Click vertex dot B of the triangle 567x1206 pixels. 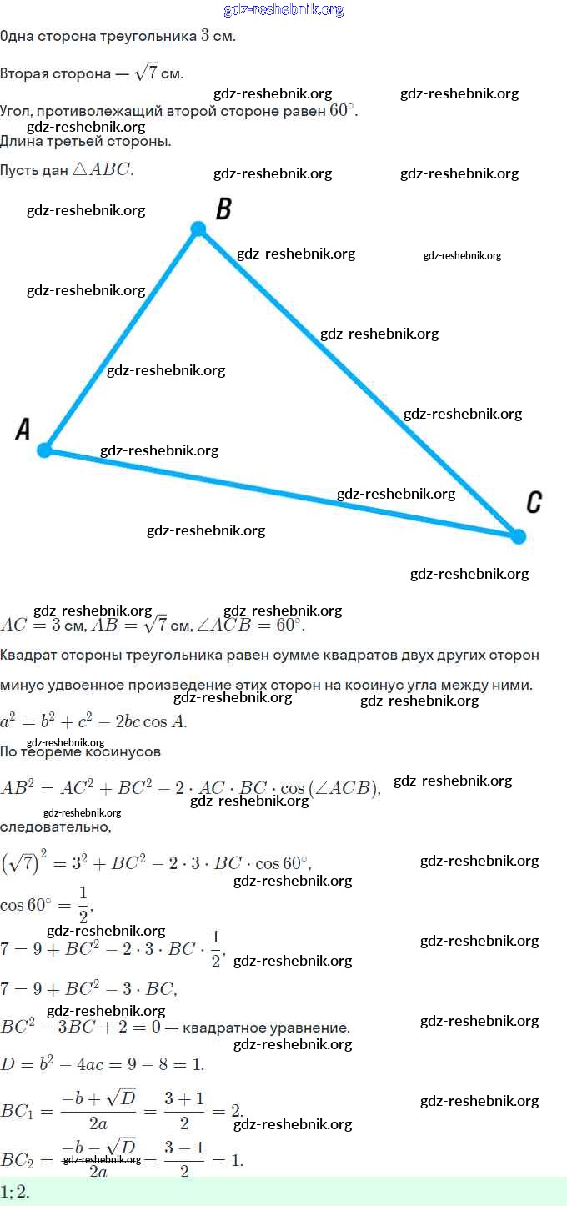click(198, 229)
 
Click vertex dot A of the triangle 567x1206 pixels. click(45, 450)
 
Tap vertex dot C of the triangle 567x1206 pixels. click(518, 536)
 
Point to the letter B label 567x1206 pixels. click(223, 209)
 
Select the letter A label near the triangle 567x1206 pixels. click(23, 430)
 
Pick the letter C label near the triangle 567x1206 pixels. click(534, 502)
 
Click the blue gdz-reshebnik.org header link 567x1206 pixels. click(283, 10)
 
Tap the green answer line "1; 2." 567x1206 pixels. click(15, 1193)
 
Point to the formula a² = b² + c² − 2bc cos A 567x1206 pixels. click(93, 721)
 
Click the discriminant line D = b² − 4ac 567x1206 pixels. click(102, 1064)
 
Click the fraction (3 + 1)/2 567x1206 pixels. click(184, 1111)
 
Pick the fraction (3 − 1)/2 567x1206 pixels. click(184, 1159)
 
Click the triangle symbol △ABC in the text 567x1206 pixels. click(103, 169)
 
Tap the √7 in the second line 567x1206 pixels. click(148, 73)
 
